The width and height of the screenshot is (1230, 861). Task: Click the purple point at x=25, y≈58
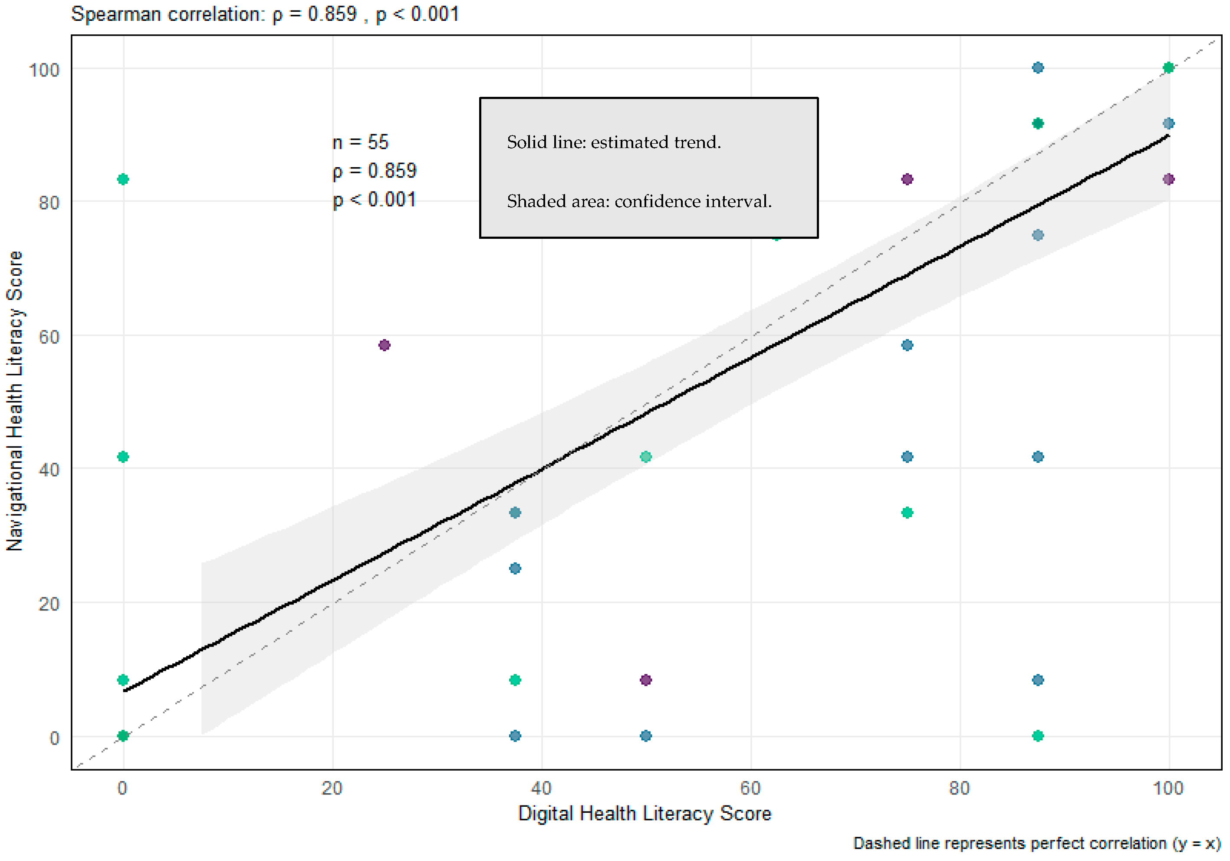pyautogui.click(x=384, y=345)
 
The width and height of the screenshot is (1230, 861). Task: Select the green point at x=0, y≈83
pyautogui.click(x=123, y=179)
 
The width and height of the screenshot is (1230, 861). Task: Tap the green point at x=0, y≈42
pyautogui.click(x=123, y=456)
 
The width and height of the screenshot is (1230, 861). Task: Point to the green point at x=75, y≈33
pyautogui.click(x=907, y=513)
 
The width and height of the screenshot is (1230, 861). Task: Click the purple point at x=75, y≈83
pyautogui.click(x=907, y=179)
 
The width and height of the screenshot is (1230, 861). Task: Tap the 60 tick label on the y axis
pyautogui.click(x=48, y=337)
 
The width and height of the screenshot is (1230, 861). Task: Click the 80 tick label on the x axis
pyautogui.click(x=959, y=788)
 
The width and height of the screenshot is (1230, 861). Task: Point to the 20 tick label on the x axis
pyautogui.click(x=332, y=788)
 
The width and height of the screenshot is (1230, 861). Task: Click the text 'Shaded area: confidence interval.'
pyautogui.click(x=639, y=201)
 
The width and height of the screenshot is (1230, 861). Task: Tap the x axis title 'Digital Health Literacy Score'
pyautogui.click(x=645, y=813)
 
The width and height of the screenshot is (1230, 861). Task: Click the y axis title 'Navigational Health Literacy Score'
pyautogui.click(x=15, y=401)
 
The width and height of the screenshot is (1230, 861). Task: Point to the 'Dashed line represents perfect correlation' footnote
pyautogui.click(x=1036, y=843)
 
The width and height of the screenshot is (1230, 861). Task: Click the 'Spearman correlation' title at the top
pyautogui.click(x=265, y=14)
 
